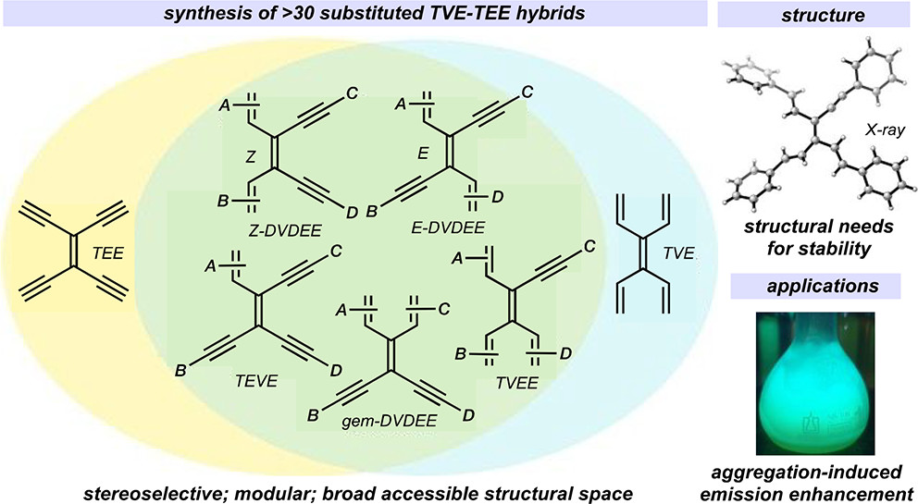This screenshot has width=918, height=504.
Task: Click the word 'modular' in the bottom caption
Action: pyautogui.click(x=288, y=488)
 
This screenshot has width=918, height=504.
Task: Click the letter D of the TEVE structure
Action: pyautogui.click(x=351, y=370)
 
